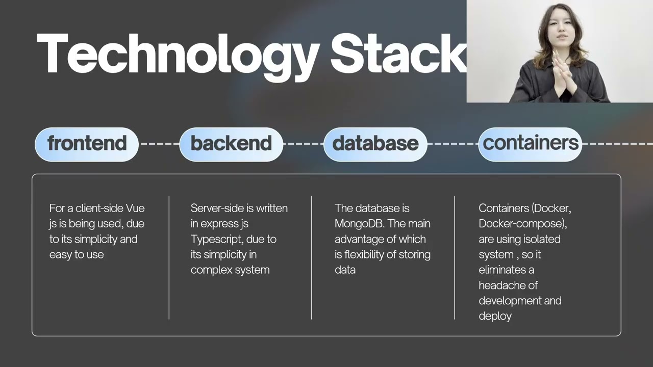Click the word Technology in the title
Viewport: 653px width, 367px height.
click(x=178, y=56)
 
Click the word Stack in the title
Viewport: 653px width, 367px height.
click(x=398, y=53)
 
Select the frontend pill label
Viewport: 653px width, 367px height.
click(x=87, y=144)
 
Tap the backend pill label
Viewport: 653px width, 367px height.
click(x=231, y=144)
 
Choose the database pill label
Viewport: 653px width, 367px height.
click(x=375, y=144)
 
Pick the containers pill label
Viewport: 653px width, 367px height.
click(x=530, y=144)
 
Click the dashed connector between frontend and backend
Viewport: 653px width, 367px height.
click(x=159, y=144)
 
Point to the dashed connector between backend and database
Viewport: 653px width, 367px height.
click(x=304, y=144)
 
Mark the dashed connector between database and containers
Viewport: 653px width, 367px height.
click(x=453, y=144)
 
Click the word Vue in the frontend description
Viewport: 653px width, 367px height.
click(x=135, y=208)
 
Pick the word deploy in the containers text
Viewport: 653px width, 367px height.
click(x=495, y=317)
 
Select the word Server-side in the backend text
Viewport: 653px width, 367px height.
click(x=217, y=208)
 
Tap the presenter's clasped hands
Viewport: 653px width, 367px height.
click(x=564, y=73)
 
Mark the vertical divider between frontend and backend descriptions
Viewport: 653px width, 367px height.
click(x=169, y=257)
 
